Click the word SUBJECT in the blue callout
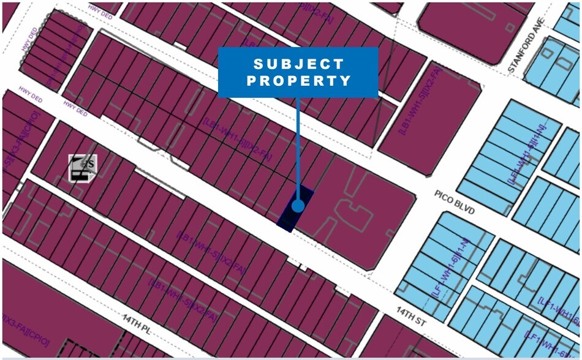pyautogui.click(x=298, y=64)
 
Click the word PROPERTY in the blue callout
pyautogui.click(x=298, y=81)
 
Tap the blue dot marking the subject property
pyautogui.click(x=298, y=206)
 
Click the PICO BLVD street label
pyautogui.click(x=455, y=203)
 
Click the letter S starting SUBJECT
pyautogui.click(x=258, y=64)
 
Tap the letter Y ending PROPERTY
pyautogui.click(x=347, y=81)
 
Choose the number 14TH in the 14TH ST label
pyautogui.click(x=404, y=312)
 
